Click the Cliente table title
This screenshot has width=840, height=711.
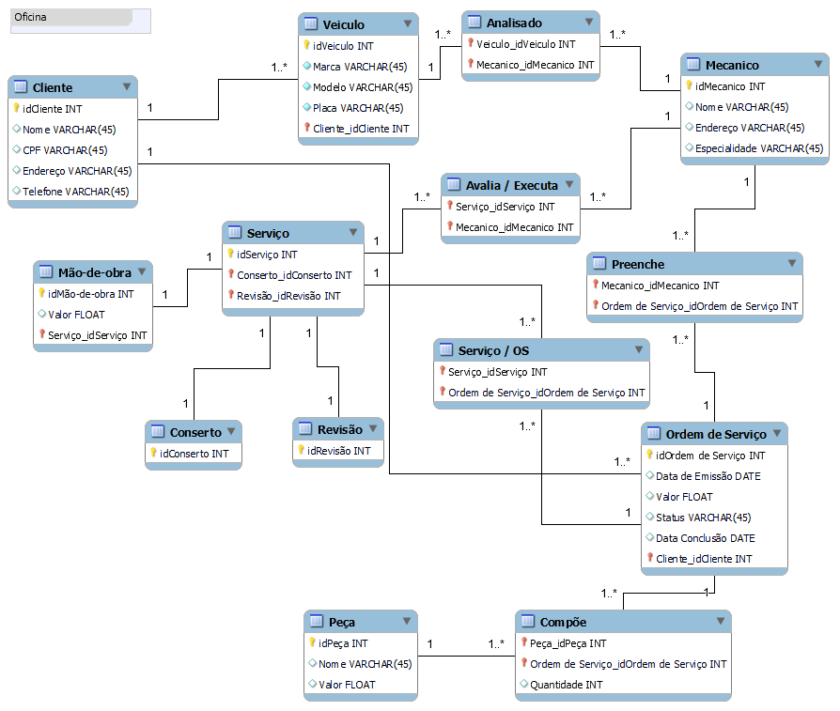tap(53, 87)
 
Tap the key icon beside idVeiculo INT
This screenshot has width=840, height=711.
tap(307, 45)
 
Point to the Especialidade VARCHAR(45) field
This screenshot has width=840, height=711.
tap(759, 148)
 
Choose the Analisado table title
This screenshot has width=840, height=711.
tap(515, 23)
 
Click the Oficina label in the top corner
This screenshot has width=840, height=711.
tap(31, 18)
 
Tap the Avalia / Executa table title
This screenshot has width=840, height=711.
tap(511, 185)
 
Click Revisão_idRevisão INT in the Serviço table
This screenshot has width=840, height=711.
tap(288, 296)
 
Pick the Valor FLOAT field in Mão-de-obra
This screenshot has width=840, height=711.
tap(76, 315)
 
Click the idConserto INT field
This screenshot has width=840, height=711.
tap(194, 454)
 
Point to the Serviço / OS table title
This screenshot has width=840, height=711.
tap(493, 350)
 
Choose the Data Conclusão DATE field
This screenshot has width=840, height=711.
tap(705, 538)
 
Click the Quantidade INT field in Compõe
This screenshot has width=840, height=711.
tap(567, 685)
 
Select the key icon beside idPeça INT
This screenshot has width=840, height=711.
tap(313, 643)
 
